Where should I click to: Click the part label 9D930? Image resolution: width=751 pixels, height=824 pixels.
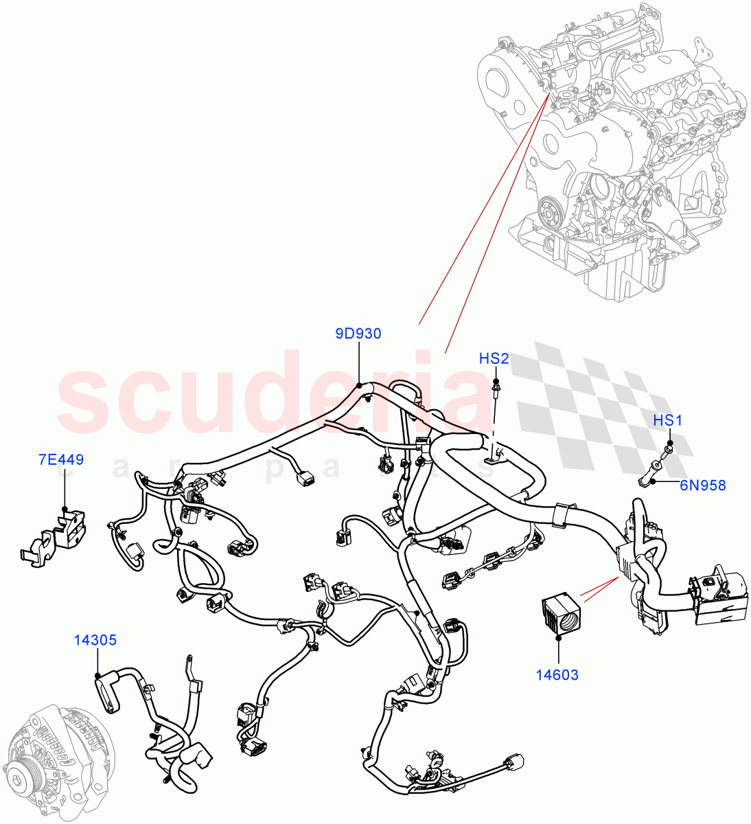point(358,334)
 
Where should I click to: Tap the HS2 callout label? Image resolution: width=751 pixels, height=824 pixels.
point(494,358)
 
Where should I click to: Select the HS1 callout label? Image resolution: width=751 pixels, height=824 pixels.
point(667,420)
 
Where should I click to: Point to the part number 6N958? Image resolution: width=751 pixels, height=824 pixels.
point(702,485)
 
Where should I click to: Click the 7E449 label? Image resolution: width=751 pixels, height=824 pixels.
point(61,459)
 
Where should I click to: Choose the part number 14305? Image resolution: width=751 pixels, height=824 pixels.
point(95,640)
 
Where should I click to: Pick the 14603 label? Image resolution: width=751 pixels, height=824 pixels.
point(557,675)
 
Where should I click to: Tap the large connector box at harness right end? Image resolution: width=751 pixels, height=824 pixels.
point(721,597)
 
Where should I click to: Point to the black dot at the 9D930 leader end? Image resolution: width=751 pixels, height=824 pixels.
point(359,385)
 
